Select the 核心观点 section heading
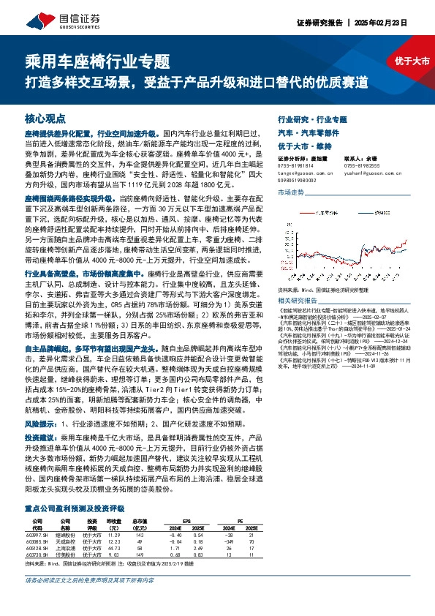45,119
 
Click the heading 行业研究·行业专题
313,119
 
